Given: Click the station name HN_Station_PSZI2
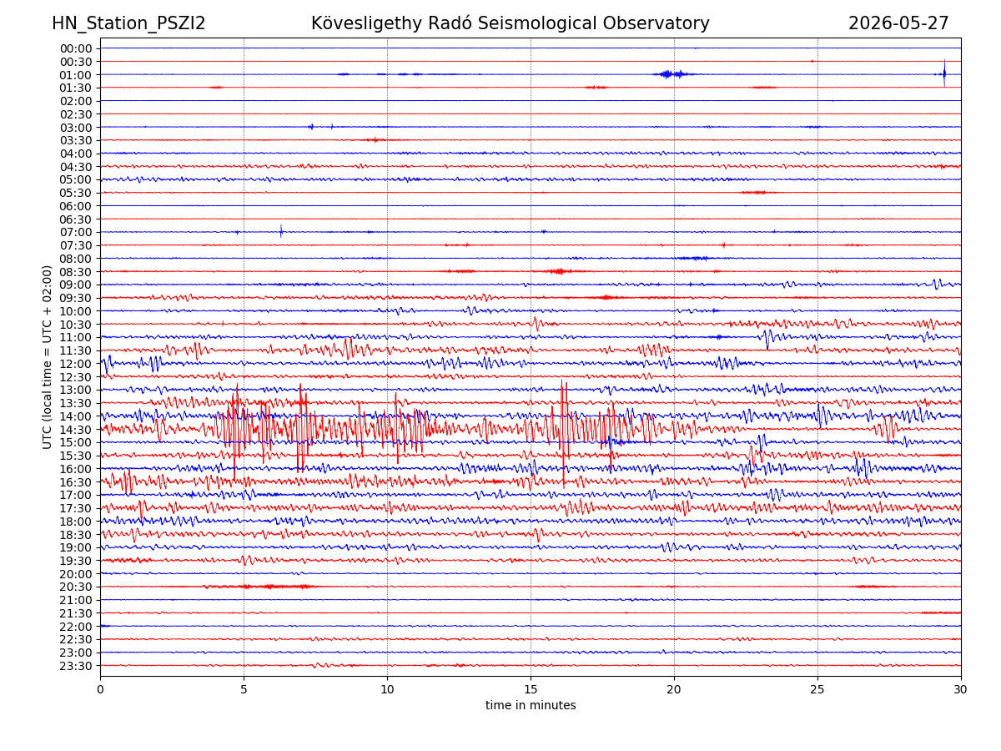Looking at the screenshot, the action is (x=128, y=23).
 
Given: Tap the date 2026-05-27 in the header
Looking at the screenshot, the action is (x=898, y=23).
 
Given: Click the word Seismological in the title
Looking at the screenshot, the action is (x=536, y=23).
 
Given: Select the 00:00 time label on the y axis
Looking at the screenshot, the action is (x=76, y=48).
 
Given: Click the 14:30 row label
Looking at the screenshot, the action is (x=76, y=430).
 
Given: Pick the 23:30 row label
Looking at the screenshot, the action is (x=76, y=666).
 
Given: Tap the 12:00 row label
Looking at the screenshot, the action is (x=76, y=364).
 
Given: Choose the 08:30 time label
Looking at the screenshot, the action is (x=76, y=272).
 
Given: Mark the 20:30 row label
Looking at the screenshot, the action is (x=76, y=587).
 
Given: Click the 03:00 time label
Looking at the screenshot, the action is (x=76, y=128).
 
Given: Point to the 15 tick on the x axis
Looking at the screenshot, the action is (x=531, y=689).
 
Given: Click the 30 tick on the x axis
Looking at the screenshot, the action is (x=960, y=689).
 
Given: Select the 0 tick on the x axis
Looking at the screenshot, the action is (x=100, y=689).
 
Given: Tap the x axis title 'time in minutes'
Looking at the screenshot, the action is (x=531, y=705).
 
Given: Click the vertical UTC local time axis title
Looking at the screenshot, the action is (x=47, y=357).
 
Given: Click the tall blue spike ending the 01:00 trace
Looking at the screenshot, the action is (x=944, y=73).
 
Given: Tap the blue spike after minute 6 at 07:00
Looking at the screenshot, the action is (x=281, y=231).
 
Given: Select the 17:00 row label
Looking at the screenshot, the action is (x=76, y=495).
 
